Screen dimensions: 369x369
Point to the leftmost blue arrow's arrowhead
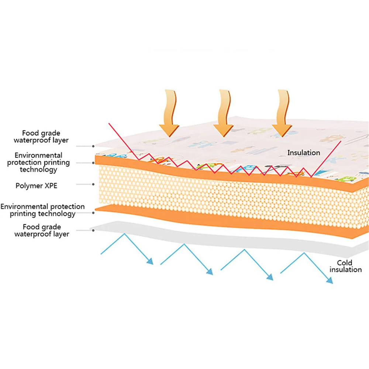150,261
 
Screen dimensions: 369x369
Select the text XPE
51,186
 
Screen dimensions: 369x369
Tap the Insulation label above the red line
304,152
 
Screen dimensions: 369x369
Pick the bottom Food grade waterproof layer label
41,230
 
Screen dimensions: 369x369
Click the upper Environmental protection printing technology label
39,162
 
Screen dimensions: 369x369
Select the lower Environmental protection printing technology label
43,210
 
